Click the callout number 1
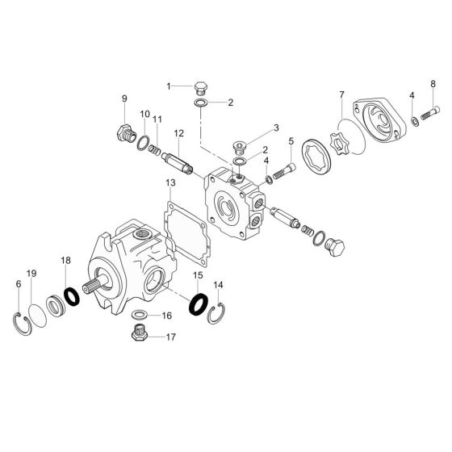[x=169, y=85]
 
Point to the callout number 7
[x=341, y=96]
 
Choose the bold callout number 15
[x=196, y=276]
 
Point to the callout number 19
[x=32, y=274]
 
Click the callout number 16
[x=167, y=315]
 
